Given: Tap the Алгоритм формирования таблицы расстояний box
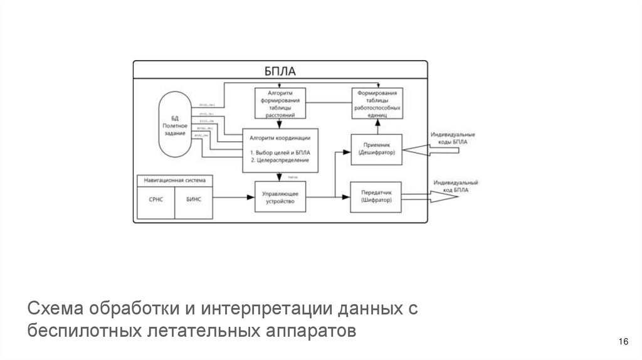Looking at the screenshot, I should [280, 103].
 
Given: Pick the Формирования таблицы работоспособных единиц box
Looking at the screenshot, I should [376, 103].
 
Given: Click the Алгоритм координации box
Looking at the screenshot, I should [280, 151].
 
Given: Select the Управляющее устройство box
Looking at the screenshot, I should [280, 197].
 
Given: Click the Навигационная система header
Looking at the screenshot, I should [174, 180].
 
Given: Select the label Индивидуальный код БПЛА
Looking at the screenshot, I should [455, 186].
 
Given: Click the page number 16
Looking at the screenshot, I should [623, 341].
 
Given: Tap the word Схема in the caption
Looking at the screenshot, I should [56, 309].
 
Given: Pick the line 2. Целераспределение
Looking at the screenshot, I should [279, 161].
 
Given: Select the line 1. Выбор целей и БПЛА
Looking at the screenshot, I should [280, 152].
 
